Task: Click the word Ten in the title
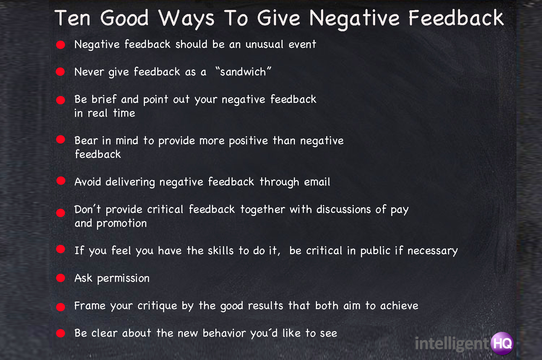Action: click(73, 18)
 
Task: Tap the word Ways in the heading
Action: click(186, 19)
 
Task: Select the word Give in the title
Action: click(278, 18)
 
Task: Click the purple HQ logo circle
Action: click(502, 343)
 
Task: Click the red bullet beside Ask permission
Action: click(61, 278)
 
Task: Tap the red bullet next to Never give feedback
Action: click(61, 72)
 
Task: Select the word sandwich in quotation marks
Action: click(243, 72)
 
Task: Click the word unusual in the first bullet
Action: click(264, 44)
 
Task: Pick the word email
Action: click(317, 182)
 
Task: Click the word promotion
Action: click(122, 224)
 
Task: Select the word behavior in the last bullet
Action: click(224, 334)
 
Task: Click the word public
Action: click(375, 251)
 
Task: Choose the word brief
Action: click(104, 99)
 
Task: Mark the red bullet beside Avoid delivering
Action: click(61, 181)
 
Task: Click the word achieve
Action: click(399, 306)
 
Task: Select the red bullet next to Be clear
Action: click(61, 333)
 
